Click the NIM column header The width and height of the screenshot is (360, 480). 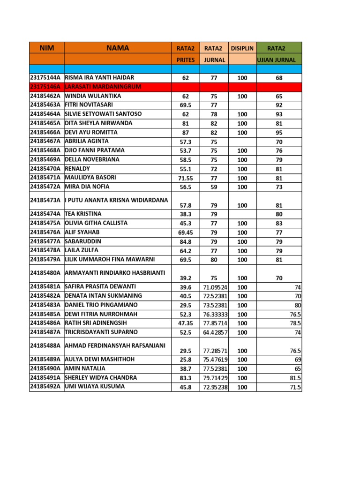point(46,48)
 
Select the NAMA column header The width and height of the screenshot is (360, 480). point(117,48)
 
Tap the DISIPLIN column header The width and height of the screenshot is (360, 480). point(242,48)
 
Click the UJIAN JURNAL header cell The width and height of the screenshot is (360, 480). point(279,60)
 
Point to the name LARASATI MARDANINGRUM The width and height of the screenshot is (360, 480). point(103,87)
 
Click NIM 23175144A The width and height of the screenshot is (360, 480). point(45,78)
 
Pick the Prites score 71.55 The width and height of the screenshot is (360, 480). point(186,178)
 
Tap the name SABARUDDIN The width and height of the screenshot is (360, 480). point(83,241)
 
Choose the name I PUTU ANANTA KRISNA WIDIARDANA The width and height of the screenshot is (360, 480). point(116,200)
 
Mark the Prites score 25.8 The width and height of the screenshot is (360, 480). point(186,360)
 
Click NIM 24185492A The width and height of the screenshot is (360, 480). point(45,387)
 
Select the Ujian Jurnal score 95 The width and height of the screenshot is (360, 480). point(279,133)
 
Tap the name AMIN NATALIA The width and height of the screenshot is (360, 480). point(85,368)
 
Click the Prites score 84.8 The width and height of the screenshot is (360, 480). point(186,242)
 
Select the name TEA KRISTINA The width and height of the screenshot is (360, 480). point(83,214)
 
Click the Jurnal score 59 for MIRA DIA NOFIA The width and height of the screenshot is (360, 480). point(214,187)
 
